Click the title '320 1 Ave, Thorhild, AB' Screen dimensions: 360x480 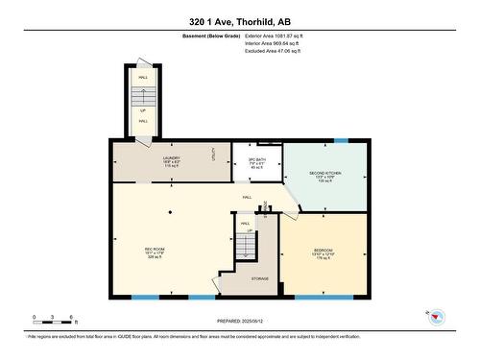239,21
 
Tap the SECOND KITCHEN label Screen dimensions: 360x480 324,177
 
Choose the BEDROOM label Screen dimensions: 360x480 323,254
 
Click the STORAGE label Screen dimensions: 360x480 260,278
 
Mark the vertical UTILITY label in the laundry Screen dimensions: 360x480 212,154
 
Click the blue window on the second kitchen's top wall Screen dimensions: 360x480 342,141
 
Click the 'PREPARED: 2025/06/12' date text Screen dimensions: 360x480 239,322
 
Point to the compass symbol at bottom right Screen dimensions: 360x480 436,317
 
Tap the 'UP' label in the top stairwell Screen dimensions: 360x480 143,109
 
